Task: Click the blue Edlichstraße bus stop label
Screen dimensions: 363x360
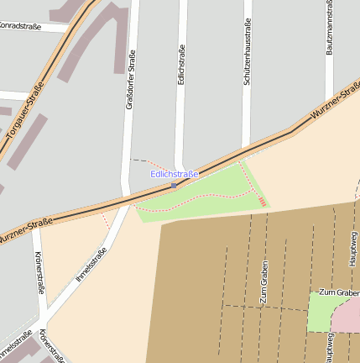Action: (x=174, y=174)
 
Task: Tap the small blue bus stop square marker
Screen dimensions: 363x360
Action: (x=174, y=184)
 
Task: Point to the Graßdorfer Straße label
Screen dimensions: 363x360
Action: (x=130, y=81)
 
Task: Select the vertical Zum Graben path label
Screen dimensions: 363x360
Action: (x=263, y=281)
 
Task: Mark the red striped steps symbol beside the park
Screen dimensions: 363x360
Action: (x=263, y=201)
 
